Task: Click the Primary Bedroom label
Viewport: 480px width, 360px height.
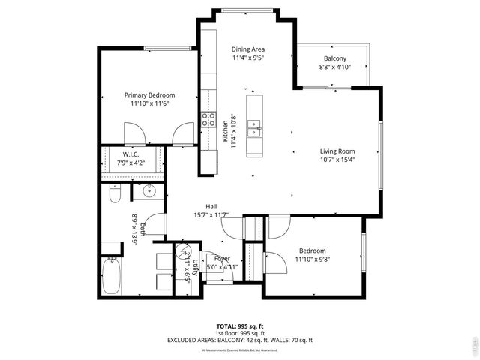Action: pos(150,95)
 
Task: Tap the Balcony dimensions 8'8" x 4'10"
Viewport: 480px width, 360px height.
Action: pos(334,68)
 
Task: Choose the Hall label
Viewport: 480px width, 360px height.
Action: pos(211,207)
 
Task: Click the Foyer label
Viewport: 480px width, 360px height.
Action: pos(222,258)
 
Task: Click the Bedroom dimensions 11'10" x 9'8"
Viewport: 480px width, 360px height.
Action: pos(313,259)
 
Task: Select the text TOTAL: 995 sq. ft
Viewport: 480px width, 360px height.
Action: pos(239,326)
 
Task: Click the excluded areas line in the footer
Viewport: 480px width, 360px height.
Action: pos(239,340)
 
